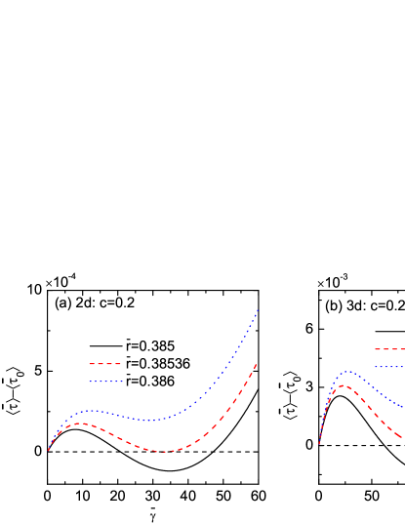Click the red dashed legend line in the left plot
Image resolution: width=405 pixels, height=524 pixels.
coord(104,364)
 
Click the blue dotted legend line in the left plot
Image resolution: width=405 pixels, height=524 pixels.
coord(104,381)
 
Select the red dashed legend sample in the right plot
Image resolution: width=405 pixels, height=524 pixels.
coord(388,349)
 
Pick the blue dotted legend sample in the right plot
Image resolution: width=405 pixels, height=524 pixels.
coord(388,367)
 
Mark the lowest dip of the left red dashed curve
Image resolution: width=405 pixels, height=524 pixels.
coord(164,452)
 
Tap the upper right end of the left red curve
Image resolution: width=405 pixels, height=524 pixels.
coord(257,364)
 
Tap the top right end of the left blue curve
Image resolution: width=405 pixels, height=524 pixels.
coord(258,310)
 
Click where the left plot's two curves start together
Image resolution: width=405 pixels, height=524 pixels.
coord(48,450)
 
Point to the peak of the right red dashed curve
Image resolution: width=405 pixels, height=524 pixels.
coord(342,385)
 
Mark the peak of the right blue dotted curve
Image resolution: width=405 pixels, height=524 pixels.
coord(347,371)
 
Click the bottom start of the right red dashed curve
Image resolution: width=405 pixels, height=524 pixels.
coord(319,445)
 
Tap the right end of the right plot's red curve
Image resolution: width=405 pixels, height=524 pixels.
coord(402,436)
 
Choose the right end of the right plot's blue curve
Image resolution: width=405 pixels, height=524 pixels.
coord(402,406)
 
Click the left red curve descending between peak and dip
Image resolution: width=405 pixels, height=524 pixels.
coord(122,438)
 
